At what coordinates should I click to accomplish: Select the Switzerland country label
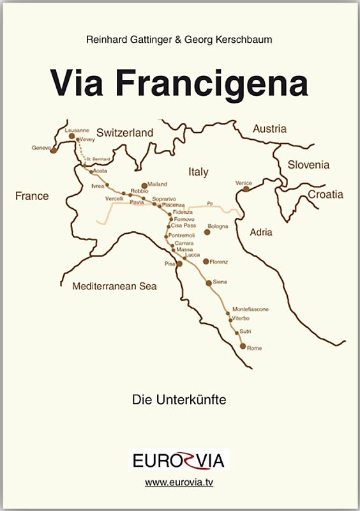[x=125, y=133]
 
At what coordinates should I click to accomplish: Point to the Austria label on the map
[x=269, y=129]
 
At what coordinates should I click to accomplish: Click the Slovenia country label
[x=308, y=165]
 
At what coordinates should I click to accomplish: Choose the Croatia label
[x=326, y=194]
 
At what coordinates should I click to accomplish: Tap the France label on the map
[x=32, y=196]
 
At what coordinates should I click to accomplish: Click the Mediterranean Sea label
[x=114, y=286]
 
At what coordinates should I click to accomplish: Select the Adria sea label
[x=260, y=232]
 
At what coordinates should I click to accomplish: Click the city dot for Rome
[x=243, y=346]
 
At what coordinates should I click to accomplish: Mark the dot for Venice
[x=246, y=188]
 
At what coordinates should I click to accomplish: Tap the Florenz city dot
[x=206, y=261]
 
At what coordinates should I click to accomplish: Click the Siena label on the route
[x=220, y=282]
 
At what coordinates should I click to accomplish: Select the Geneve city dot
[x=54, y=151]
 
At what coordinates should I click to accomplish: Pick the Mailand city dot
[x=144, y=185]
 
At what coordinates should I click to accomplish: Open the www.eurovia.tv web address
[x=179, y=483]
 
